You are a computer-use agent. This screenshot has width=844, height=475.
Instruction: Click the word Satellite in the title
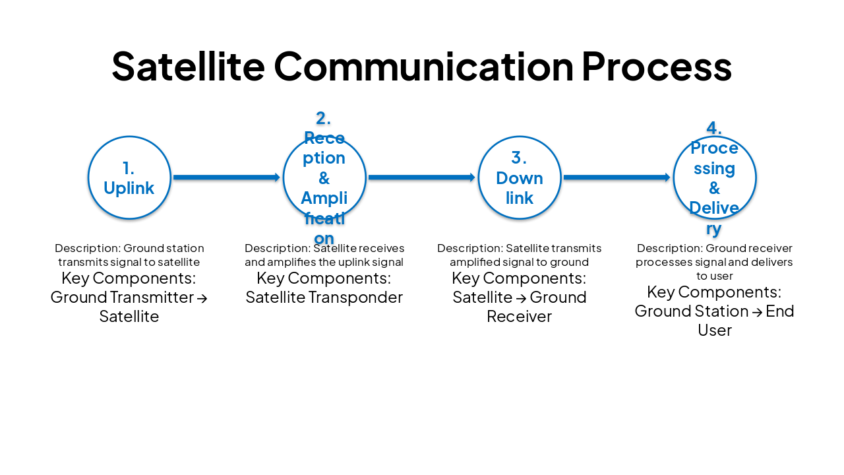(188, 65)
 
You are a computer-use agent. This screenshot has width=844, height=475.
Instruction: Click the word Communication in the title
(423, 65)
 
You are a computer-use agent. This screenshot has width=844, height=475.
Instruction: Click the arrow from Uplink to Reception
(226, 177)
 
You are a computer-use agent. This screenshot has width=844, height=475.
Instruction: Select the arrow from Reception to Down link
(421, 177)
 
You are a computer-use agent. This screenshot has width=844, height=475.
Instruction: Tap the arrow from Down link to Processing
(617, 177)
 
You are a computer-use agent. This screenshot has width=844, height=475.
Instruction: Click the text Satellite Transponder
(324, 298)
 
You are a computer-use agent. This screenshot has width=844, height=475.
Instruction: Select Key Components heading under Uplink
(129, 278)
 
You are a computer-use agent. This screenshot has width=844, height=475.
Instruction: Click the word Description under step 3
(469, 249)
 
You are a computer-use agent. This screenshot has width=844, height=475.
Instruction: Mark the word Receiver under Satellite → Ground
(519, 317)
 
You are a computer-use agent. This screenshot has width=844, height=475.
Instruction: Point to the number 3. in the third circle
(520, 158)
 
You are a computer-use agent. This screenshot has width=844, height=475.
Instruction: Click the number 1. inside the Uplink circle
(129, 168)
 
